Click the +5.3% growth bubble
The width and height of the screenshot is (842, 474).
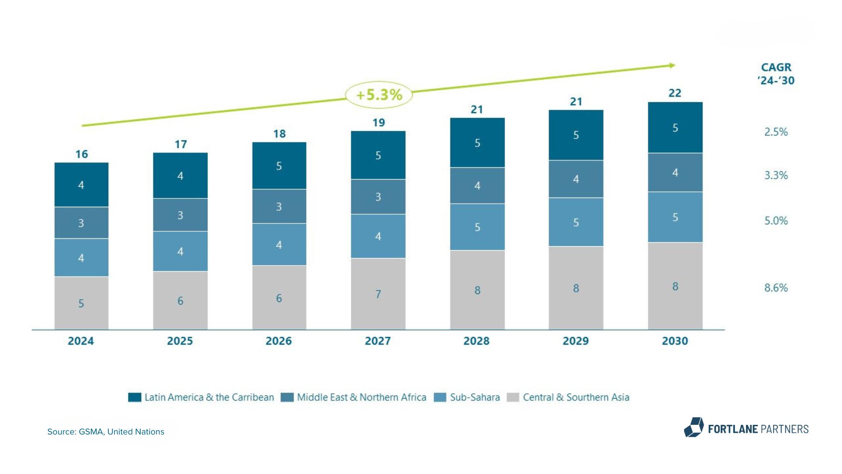(379, 95)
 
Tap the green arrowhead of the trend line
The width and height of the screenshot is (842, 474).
(672, 66)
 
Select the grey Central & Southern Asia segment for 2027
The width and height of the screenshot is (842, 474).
(378, 294)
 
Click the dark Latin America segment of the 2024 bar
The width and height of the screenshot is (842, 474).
(81, 185)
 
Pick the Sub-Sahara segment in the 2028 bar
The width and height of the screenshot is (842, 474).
(477, 227)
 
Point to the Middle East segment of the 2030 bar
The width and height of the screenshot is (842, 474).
(675, 172)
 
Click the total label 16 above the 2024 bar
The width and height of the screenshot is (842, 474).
(82, 154)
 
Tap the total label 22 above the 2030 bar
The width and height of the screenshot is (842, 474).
(675, 93)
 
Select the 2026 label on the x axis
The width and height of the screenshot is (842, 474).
(278, 341)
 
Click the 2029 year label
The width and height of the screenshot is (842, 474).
(575, 341)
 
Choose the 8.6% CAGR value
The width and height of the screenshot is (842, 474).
(776, 288)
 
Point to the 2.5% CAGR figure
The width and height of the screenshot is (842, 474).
(776, 132)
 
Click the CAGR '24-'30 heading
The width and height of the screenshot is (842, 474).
(776, 74)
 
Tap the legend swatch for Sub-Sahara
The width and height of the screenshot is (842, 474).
(439, 397)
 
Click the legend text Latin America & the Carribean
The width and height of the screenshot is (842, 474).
(209, 397)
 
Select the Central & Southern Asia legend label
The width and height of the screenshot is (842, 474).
(576, 397)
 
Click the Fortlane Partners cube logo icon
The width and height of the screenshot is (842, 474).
(694, 427)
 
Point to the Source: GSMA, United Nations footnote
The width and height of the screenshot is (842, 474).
(106, 432)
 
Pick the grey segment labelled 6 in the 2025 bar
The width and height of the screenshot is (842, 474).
(180, 301)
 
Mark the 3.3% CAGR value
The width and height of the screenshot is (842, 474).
(776, 176)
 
